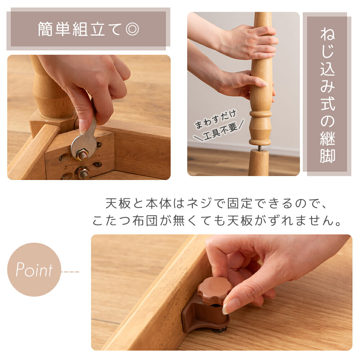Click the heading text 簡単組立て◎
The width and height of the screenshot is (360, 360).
(89, 29)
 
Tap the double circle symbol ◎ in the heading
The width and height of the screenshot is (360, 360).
(132, 29)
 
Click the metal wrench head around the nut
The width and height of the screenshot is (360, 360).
(84, 147)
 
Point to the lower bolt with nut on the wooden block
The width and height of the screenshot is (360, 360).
(83, 173)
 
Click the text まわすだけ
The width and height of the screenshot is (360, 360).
(215, 119)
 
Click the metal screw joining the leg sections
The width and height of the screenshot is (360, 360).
(260, 148)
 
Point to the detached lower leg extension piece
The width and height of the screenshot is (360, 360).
(258, 163)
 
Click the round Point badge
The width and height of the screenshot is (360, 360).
(34, 269)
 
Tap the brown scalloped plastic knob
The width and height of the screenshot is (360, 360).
(215, 291)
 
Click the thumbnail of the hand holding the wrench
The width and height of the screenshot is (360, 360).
(89, 117)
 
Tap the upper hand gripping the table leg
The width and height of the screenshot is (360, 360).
(248, 42)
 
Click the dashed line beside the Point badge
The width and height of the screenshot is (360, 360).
(70, 272)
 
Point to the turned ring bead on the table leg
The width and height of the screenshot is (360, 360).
(260, 114)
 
